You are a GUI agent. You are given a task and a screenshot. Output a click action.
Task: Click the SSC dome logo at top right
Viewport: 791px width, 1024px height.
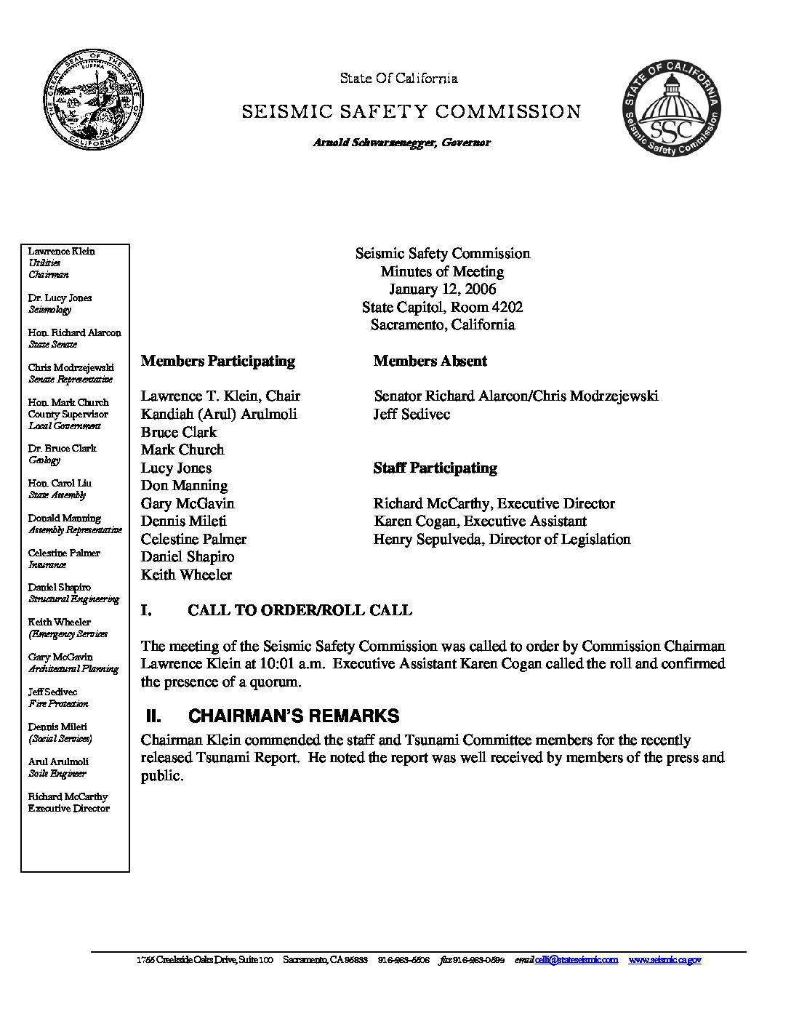pyautogui.click(x=672, y=108)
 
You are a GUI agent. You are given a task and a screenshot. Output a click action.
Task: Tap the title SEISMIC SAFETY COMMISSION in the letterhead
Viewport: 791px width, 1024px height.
pyautogui.click(x=411, y=112)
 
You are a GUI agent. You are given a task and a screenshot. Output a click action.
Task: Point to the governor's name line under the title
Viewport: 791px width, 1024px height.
pyautogui.click(x=401, y=143)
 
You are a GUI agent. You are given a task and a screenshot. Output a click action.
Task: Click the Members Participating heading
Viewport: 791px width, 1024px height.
pyautogui.click(x=218, y=361)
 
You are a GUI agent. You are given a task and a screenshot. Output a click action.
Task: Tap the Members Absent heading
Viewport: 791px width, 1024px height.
pyautogui.click(x=430, y=361)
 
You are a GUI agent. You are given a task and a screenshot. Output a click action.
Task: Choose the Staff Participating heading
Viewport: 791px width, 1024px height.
pyautogui.click(x=435, y=468)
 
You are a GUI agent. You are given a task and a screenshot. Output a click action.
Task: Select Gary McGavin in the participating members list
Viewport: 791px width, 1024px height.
pyautogui.click(x=188, y=503)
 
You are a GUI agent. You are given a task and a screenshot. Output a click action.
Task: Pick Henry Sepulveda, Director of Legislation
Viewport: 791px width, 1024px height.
pyautogui.click(x=502, y=539)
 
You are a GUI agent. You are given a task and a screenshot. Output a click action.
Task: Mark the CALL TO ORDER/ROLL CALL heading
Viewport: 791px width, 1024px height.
pyautogui.click(x=300, y=610)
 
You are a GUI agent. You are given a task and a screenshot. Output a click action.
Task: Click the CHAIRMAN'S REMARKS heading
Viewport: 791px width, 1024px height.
pyautogui.click(x=293, y=716)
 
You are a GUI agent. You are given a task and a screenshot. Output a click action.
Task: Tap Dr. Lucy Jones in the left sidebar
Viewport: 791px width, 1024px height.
pyautogui.click(x=60, y=297)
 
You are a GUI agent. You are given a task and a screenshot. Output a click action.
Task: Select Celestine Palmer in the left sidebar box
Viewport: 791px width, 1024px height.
pyautogui.click(x=64, y=553)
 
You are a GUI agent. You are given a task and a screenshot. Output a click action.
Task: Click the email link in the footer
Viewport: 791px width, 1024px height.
pyautogui.click(x=576, y=960)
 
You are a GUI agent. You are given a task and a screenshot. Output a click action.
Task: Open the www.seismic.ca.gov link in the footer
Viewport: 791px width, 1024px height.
pyautogui.click(x=664, y=960)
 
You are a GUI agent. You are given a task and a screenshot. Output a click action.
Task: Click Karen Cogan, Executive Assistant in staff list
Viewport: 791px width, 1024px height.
pyautogui.click(x=480, y=521)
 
